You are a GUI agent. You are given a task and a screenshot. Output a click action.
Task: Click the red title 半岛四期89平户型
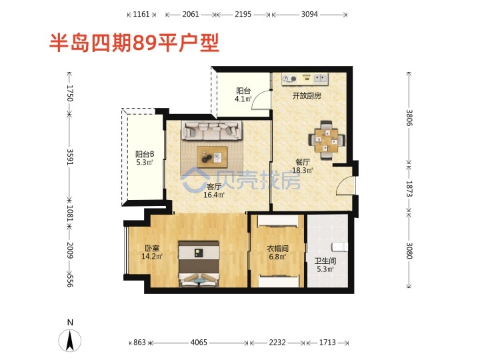click(135, 43)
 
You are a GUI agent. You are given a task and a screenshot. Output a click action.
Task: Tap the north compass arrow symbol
click(70, 341)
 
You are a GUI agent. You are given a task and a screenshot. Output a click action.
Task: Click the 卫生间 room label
click(325, 261)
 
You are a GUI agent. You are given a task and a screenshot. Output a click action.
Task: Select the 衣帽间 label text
click(277, 248)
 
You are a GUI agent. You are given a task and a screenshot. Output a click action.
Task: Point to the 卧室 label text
click(152, 248)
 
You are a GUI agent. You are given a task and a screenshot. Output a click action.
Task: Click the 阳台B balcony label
click(145, 154)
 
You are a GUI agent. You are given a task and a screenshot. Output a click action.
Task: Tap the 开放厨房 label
click(307, 96)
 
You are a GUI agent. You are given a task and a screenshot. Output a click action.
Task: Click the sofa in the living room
click(211, 131)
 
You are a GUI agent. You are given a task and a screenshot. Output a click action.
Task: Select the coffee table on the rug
click(212, 157)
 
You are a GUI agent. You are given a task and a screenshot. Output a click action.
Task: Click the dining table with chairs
click(327, 140)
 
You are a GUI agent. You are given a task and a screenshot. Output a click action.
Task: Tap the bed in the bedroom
click(199, 264)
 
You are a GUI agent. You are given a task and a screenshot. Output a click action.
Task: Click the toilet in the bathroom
click(340, 247)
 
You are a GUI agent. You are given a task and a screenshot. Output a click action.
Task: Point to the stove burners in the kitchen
click(289, 79)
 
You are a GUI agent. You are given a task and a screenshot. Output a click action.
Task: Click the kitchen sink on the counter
click(320, 79)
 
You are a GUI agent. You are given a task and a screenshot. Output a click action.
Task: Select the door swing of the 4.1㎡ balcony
click(261, 99)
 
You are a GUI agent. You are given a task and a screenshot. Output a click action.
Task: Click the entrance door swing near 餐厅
click(345, 185)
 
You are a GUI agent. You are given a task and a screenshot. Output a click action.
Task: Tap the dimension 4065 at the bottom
click(199, 342)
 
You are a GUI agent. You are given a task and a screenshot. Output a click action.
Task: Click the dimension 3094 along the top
click(309, 14)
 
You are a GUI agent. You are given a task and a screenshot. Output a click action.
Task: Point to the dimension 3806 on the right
click(409, 117)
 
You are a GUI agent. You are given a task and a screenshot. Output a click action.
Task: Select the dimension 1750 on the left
click(70, 93)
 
